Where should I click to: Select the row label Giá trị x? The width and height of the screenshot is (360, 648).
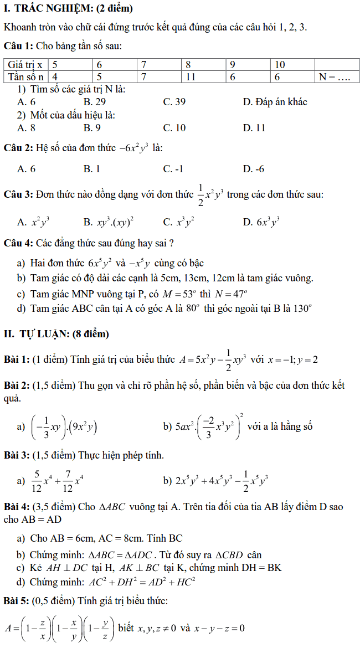click(26, 65)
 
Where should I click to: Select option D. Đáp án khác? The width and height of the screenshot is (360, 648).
click(275, 102)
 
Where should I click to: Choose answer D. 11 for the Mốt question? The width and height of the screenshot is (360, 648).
click(254, 128)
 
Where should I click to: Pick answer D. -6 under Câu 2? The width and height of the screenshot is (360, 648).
click(254, 168)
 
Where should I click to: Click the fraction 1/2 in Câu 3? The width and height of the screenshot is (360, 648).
click(200, 194)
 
